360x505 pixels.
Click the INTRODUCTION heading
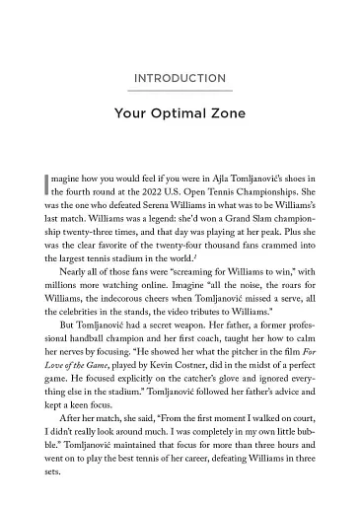180,78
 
